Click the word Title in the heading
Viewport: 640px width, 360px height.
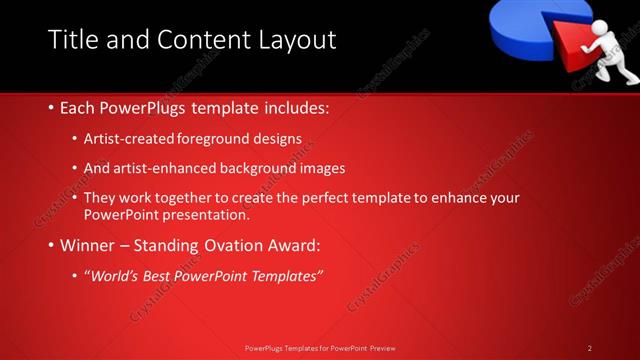point(73,40)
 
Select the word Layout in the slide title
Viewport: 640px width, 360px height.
point(295,40)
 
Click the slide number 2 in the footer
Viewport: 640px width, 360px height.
point(590,348)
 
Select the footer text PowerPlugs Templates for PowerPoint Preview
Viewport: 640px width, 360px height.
point(320,348)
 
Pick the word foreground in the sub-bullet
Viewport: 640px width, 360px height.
point(215,139)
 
